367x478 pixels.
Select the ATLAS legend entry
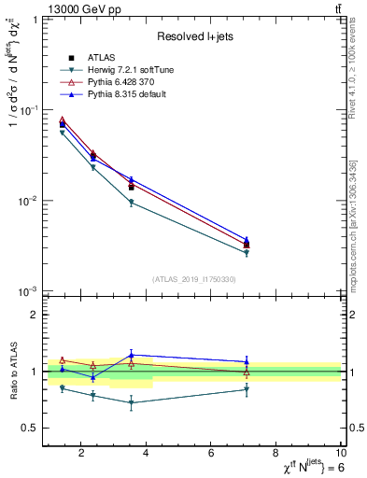[x=103, y=59]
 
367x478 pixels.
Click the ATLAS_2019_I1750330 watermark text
[x=193, y=279]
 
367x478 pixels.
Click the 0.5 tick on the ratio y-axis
[x=31, y=429]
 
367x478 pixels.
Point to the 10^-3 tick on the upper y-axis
[x=28, y=292]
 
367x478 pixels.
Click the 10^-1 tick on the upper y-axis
[x=28, y=110]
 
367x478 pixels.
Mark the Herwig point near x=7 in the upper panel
[x=247, y=253]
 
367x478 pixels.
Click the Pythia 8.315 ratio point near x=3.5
[x=132, y=355]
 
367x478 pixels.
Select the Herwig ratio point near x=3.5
[x=132, y=402]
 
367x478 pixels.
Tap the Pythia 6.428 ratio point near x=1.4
[x=63, y=359]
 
